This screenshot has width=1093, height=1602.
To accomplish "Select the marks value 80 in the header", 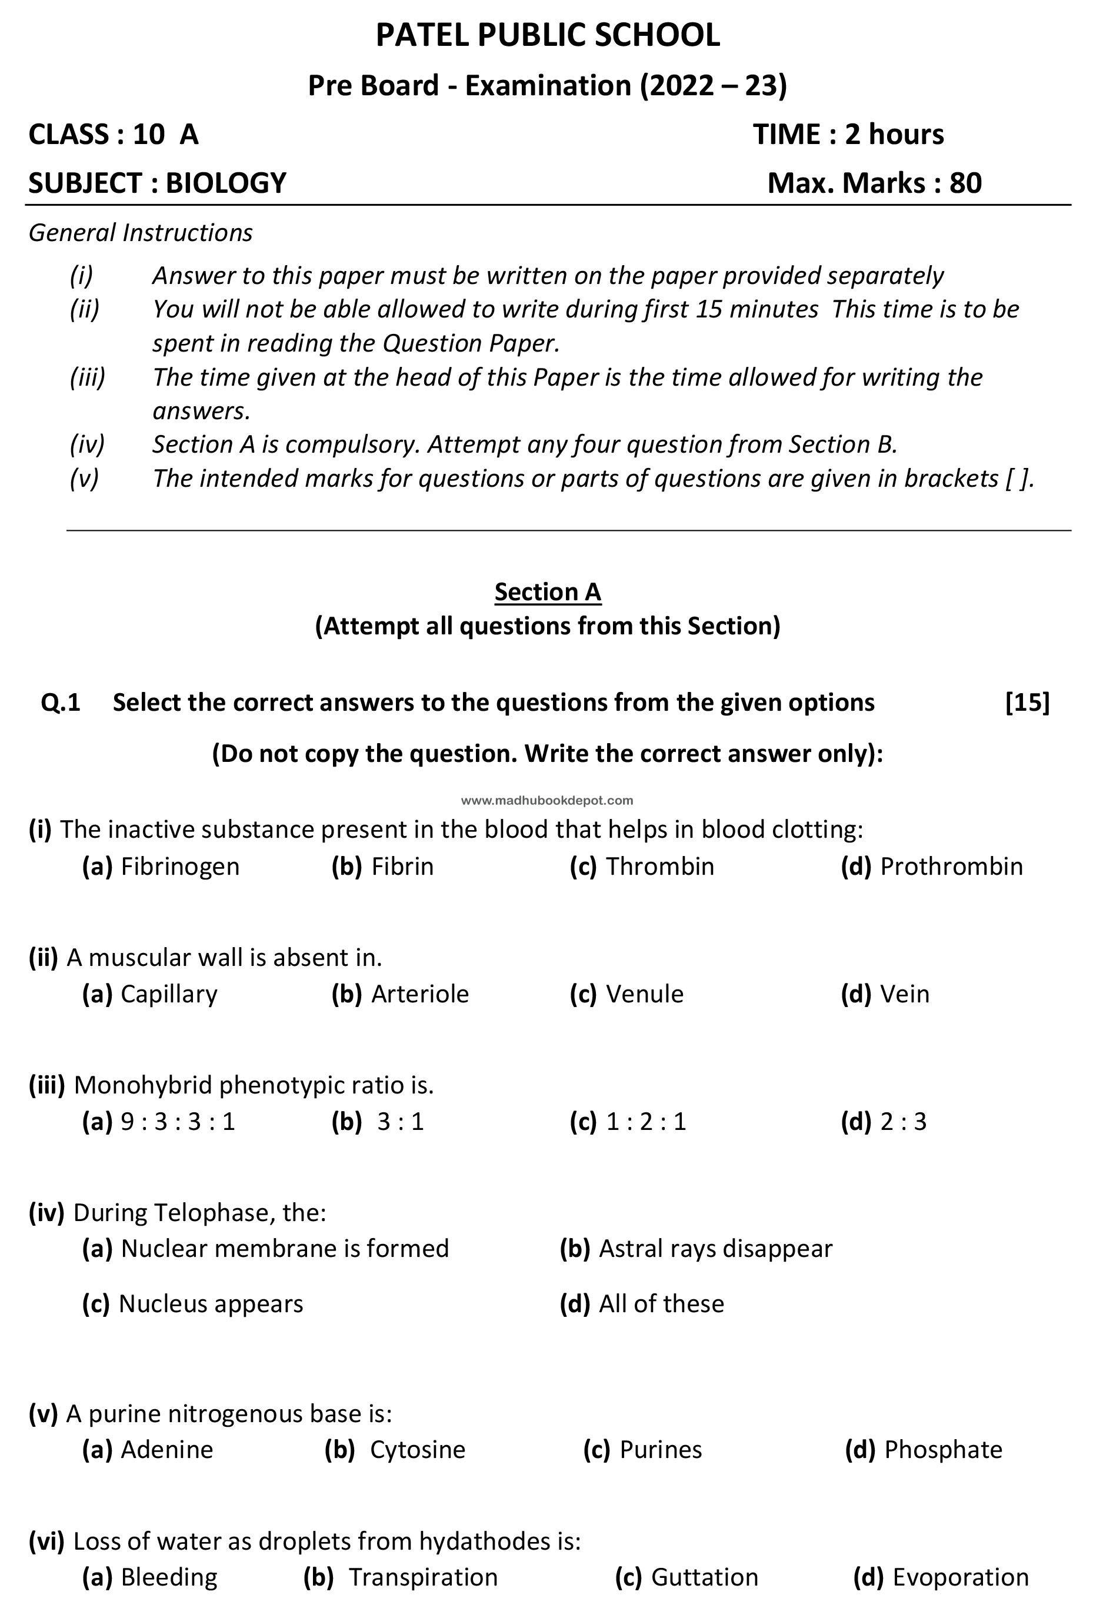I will click(x=965, y=183).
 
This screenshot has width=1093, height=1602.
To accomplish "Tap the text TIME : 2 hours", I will click(x=848, y=135).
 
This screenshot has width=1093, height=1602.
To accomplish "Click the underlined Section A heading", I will click(x=548, y=591).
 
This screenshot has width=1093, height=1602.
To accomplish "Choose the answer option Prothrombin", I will click(x=951, y=867).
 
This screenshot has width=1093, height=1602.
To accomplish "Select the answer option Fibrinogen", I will click(x=180, y=867).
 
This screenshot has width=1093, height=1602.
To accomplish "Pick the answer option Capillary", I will click(x=169, y=994).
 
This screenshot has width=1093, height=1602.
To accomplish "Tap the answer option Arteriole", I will click(x=419, y=994).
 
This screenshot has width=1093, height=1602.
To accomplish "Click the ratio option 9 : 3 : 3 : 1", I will click(x=178, y=1122).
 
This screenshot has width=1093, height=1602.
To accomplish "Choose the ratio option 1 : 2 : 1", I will click(x=646, y=1122).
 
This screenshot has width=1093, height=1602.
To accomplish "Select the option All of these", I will click(x=661, y=1303).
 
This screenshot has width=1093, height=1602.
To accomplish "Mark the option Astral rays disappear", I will click(x=715, y=1248).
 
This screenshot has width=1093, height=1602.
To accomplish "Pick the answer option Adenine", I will click(x=167, y=1450).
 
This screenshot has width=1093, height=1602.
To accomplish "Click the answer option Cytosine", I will click(x=417, y=1450).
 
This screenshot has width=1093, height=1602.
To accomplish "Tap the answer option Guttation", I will click(x=704, y=1577).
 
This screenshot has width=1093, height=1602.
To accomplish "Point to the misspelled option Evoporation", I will click(x=960, y=1577).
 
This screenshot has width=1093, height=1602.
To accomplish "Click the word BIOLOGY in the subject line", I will click(x=225, y=183).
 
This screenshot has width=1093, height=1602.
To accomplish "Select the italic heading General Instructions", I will click(x=141, y=233).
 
